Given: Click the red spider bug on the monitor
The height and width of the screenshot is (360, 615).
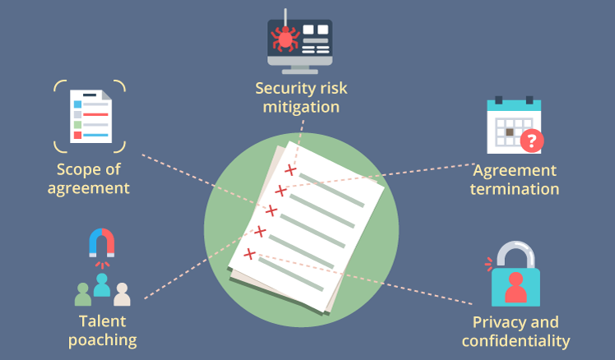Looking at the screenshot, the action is pos(285,39).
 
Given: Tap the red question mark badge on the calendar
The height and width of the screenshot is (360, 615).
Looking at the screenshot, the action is pos(532,141).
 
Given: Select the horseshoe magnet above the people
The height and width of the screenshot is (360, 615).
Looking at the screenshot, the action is pos(102,242).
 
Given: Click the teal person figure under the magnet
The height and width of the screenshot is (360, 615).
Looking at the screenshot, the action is pos(102,284).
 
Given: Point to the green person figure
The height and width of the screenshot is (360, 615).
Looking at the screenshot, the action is pos(83,294).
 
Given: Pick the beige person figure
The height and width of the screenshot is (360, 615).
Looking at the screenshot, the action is pos(122,294).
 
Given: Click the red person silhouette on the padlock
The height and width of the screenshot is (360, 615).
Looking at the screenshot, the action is pos(516,288).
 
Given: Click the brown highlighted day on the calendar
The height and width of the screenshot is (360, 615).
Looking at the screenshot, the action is pos(510,132).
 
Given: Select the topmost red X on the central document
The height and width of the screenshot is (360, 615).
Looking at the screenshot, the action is pos(290,170).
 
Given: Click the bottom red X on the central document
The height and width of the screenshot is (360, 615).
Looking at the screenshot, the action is pos(249,254).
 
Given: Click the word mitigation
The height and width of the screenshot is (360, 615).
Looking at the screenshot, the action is pos(301,107).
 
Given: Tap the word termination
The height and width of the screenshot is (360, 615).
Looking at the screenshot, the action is pos(515,189).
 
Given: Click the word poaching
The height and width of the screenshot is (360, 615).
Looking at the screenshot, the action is pos(103,340).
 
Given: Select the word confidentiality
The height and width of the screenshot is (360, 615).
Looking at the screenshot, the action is pos(516,341).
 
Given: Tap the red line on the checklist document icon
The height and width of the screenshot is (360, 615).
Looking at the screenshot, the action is pos(95,114).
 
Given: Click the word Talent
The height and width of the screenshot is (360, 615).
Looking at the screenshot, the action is pos(103,321).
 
